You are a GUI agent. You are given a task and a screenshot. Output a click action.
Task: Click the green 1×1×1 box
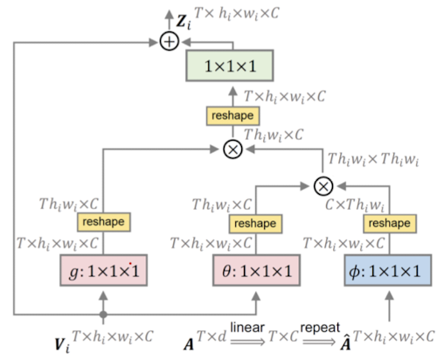coord(231,66)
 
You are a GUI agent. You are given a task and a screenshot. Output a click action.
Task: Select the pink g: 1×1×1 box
coord(103,273)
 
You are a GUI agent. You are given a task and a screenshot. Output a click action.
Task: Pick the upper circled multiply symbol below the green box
coord(232,149)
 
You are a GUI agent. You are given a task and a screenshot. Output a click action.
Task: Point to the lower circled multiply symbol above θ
coord(323,184)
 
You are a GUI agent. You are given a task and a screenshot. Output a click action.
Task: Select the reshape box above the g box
coord(103,222)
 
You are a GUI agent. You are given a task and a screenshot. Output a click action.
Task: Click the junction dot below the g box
coord(103,312)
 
